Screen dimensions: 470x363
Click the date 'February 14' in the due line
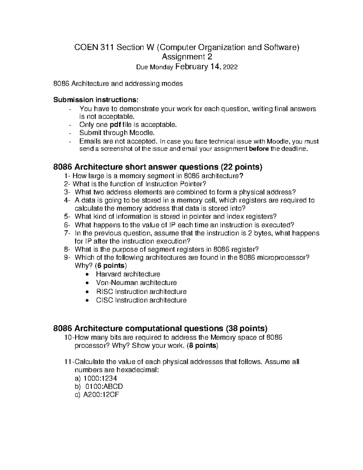198,67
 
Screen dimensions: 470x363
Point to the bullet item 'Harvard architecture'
128,274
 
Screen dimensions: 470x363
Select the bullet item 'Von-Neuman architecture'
136,283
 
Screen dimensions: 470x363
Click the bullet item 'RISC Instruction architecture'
141,291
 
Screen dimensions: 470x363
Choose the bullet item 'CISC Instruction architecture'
141,300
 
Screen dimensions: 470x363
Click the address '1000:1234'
100,378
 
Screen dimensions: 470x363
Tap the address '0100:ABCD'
104,386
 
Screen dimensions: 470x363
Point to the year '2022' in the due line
230,67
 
